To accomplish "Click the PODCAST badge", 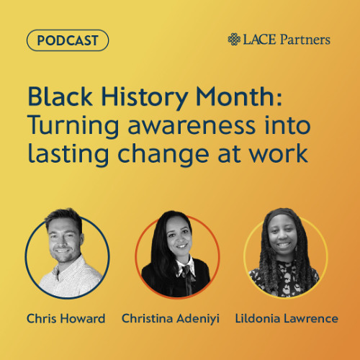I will tap(67, 40).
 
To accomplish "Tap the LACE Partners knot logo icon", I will tap(235, 40).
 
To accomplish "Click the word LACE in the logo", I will tap(260, 40).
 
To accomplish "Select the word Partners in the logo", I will tap(305, 40).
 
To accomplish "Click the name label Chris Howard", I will tap(67, 318).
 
